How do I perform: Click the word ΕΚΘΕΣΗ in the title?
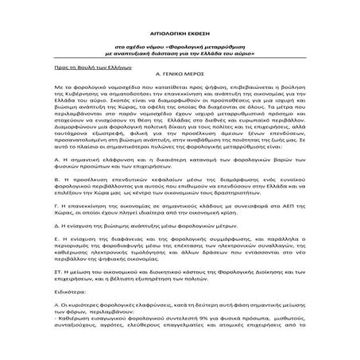click(203, 22)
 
